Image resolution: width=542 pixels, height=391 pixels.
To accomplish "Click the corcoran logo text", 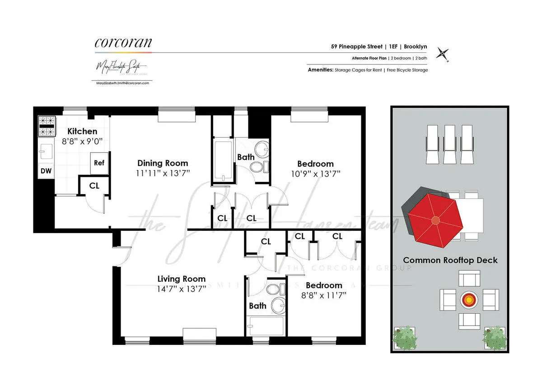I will (x=123, y=43).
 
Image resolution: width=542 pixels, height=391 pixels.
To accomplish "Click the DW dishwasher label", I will (x=46, y=171).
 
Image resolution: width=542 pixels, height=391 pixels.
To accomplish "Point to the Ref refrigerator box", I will (x=99, y=163).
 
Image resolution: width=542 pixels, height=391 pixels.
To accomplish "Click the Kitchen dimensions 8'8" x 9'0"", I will (x=82, y=141).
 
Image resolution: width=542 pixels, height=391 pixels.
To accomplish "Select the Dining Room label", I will (x=163, y=163).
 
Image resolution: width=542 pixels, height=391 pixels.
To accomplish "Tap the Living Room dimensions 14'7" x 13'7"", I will (x=182, y=289).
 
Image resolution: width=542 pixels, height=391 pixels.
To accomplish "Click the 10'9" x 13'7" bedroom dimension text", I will (x=315, y=173).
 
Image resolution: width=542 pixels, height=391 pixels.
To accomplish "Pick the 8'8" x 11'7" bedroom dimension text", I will (x=323, y=295).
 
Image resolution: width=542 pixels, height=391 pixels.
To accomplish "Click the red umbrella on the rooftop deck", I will (x=435, y=220).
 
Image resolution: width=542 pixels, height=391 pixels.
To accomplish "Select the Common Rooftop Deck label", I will (x=450, y=261).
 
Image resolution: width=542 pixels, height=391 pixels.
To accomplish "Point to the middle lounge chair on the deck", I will (x=449, y=144).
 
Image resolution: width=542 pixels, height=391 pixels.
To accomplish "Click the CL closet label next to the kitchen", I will (x=94, y=186).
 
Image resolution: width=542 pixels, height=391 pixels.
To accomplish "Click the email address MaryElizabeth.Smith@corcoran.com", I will (x=123, y=83).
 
